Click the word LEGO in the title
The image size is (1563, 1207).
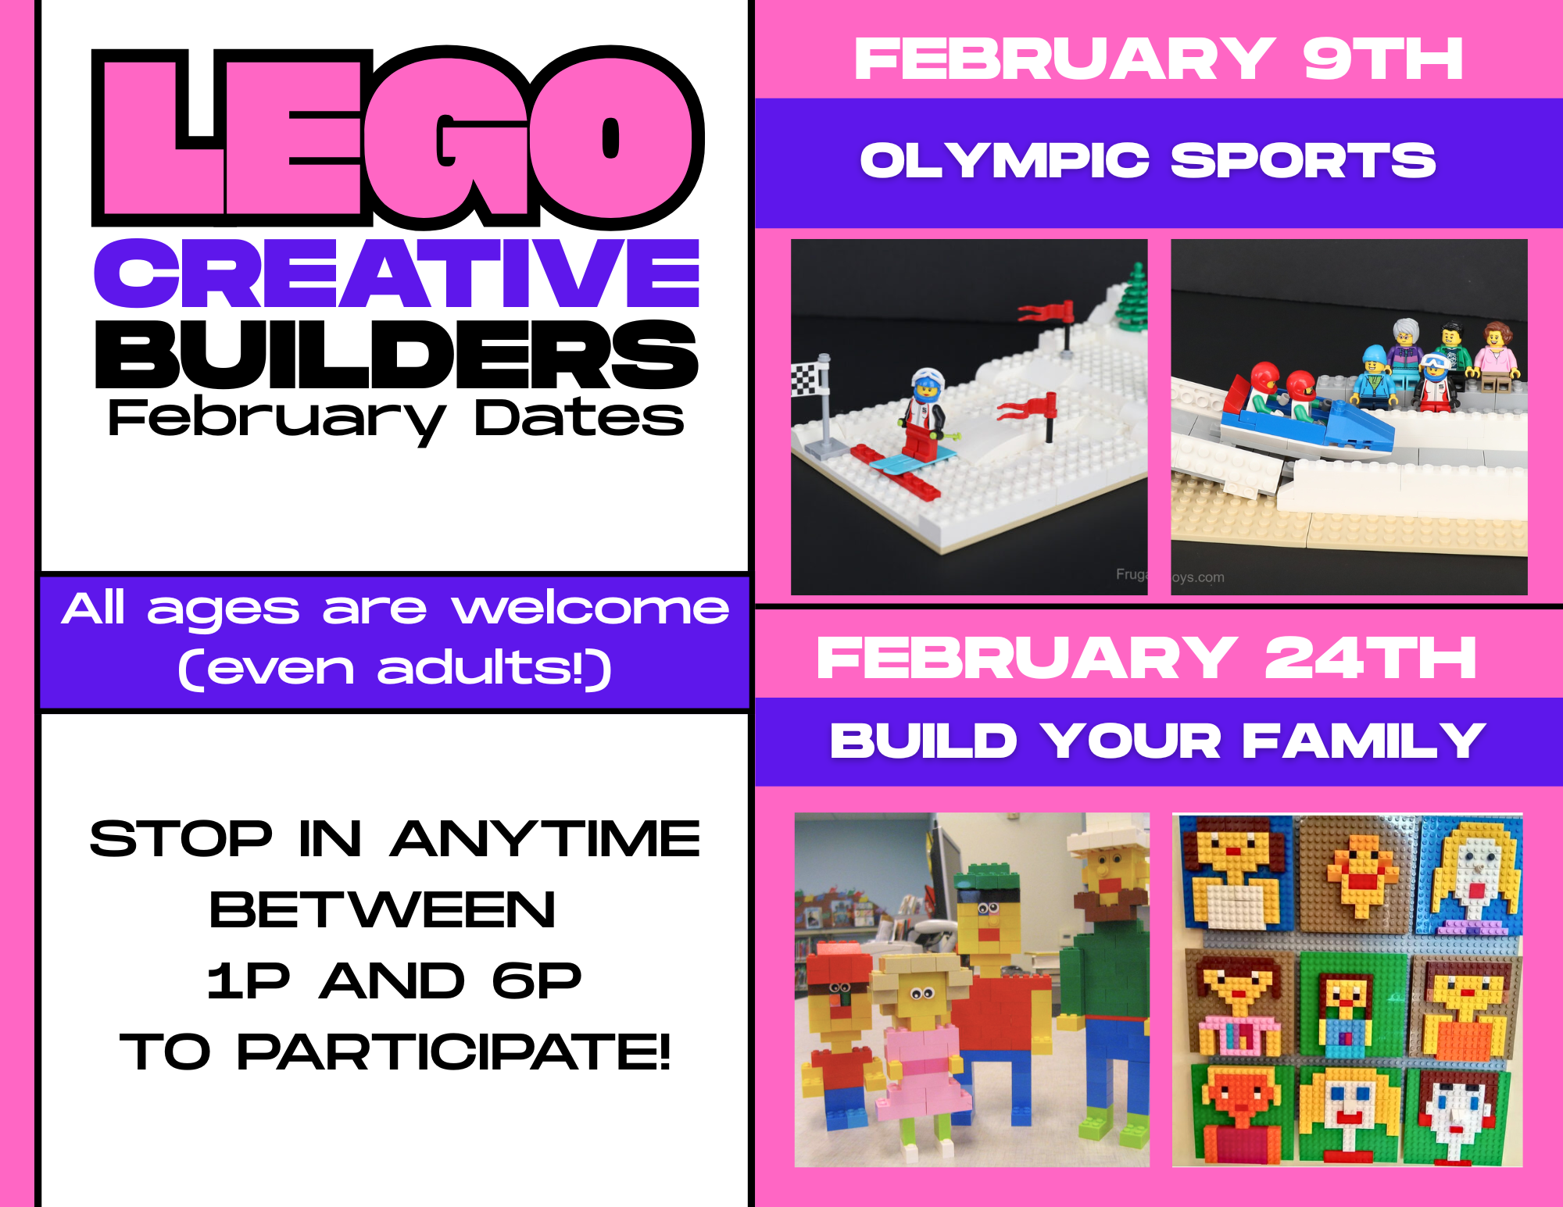click(x=398, y=137)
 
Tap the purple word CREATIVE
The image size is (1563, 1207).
click(x=396, y=273)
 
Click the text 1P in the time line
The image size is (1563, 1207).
click(x=249, y=980)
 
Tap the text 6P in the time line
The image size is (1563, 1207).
click(x=537, y=980)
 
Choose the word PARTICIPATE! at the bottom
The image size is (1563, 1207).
click(x=453, y=1052)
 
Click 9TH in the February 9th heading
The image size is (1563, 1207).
click(x=1382, y=59)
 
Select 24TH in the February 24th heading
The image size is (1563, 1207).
click(x=1370, y=658)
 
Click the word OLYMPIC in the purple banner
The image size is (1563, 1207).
click(x=1004, y=160)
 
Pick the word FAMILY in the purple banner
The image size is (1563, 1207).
click(x=1364, y=740)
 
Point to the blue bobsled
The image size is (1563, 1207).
click(x=1307, y=424)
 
